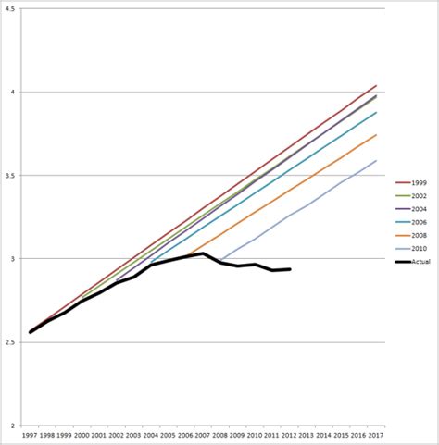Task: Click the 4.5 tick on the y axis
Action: click(10, 9)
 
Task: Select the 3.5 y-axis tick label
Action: click(10, 176)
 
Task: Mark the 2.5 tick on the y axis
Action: click(10, 342)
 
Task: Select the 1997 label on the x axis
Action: click(31, 434)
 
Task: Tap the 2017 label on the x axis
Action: click(375, 434)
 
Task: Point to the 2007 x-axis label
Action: click(203, 434)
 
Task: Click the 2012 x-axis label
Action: click(289, 434)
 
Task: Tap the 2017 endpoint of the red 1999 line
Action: click(375, 85)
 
